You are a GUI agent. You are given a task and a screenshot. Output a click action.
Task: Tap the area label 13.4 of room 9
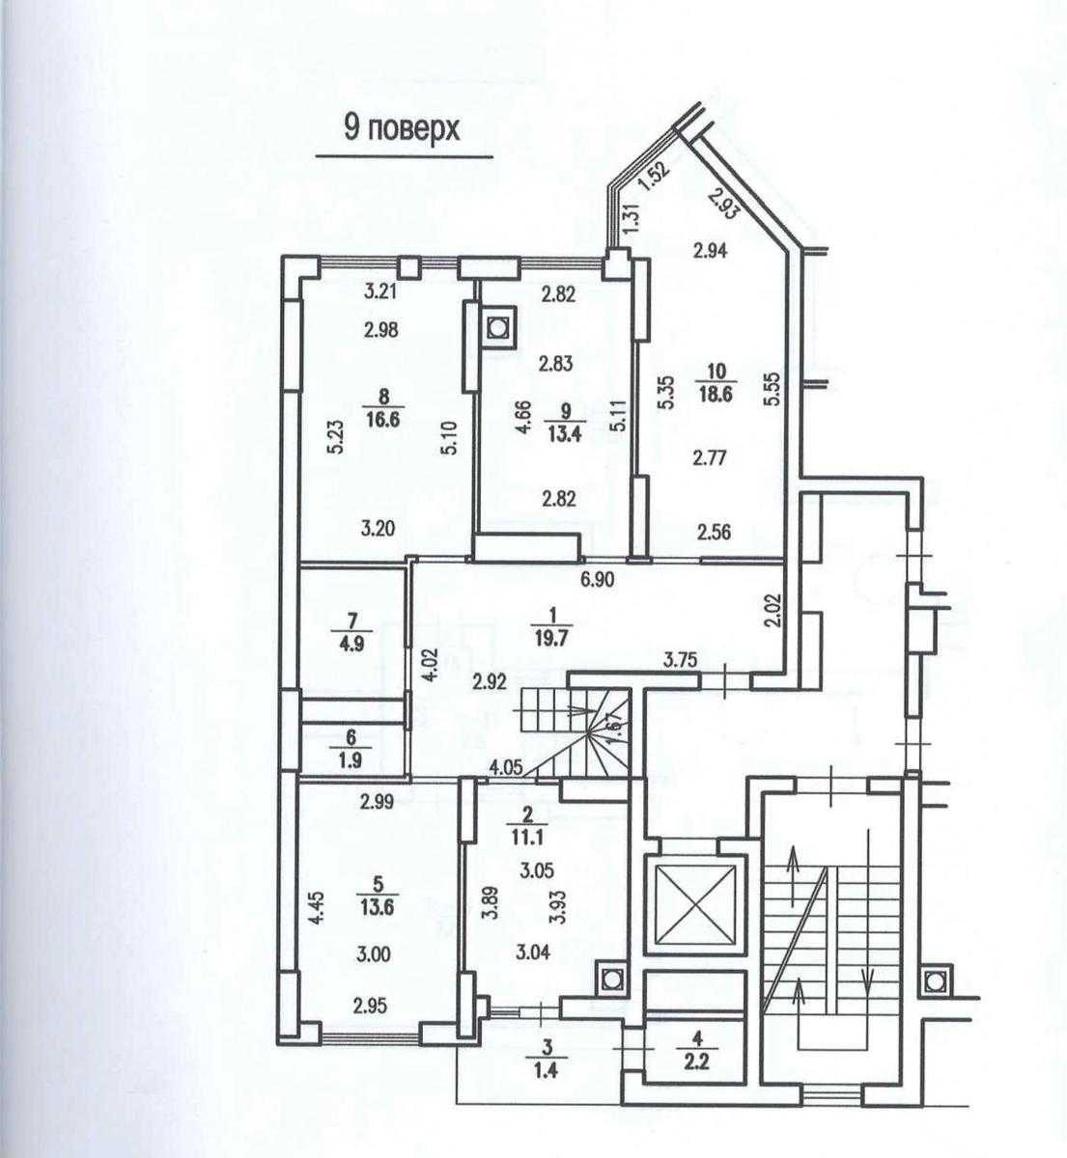(565, 434)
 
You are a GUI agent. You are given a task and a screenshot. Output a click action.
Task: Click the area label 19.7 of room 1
(552, 639)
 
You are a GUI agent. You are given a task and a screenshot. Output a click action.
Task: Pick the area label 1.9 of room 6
(351, 760)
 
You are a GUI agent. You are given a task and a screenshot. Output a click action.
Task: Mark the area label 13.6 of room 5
(378, 907)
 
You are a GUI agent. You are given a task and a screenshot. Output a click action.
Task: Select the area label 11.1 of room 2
(527, 837)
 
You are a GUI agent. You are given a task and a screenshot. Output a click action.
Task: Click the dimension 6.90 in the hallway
(598, 580)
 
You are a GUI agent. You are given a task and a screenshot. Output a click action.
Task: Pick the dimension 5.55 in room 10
(774, 390)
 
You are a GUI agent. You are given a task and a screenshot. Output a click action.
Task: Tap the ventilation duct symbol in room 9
(497, 328)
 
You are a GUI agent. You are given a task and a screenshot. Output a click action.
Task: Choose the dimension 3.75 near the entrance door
(680, 659)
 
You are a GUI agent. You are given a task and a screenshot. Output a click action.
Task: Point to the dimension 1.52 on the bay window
(653, 177)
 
